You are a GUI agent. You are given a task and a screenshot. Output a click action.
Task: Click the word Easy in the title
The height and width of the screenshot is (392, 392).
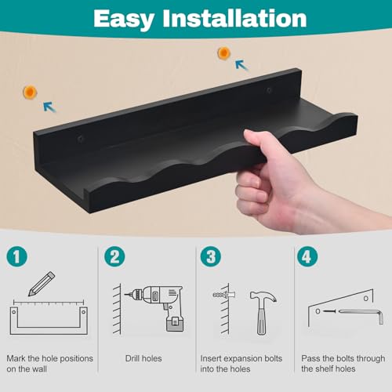tap(124, 20)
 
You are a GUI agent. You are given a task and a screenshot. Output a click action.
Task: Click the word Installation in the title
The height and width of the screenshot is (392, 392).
tap(234, 18)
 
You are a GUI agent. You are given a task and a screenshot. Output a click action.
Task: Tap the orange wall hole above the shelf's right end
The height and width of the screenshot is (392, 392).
tap(224, 53)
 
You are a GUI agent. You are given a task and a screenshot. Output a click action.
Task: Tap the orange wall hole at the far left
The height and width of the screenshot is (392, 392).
tap(30, 93)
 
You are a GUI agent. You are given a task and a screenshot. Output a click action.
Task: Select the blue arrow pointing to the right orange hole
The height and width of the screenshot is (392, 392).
tap(241, 65)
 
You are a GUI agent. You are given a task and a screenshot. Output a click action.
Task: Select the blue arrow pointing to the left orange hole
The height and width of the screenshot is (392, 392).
tap(49, 107)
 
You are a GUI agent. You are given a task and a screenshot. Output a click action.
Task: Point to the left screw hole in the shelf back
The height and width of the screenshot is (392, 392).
tap(81, 138)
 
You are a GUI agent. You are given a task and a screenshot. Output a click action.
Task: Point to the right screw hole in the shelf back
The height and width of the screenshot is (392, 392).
tap(270, 90)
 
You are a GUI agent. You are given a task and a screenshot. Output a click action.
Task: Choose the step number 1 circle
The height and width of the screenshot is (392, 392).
tap(17, 256)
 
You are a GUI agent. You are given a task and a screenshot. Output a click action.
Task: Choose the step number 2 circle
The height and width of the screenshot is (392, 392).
tap(114, 256)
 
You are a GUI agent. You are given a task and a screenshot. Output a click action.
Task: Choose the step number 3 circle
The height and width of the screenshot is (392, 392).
tap(211, 256)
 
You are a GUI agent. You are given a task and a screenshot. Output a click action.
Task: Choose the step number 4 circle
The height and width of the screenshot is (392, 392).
tap(307, 256)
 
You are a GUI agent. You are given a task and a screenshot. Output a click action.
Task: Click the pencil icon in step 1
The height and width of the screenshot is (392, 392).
tap(42, 284)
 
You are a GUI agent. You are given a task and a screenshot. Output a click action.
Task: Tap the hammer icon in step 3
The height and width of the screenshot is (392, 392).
tap(262, 313)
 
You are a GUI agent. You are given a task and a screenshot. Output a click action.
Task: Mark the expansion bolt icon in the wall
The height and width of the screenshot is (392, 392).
tap(224, 295)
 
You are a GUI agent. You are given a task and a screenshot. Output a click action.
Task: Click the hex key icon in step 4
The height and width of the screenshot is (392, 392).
tap(361, 315)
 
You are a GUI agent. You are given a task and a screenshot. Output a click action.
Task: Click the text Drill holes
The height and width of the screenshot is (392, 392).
tap(143, 358)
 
